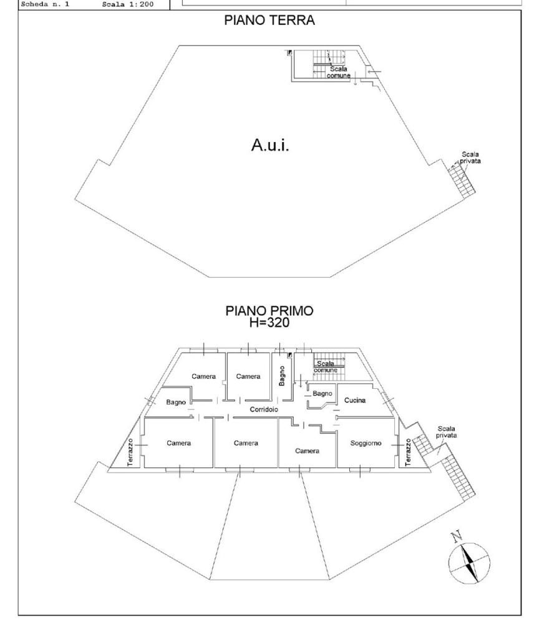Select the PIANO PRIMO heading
(x=269, y=312)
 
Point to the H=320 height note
(x=269, y=323)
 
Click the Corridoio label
(x=263, y=410)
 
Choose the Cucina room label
(x=355, y=400)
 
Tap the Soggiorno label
(x=365, y=444)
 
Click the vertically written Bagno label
(x=282, y=376)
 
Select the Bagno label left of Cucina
(x=322, y=394)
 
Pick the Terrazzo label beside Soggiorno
(x=409, y=452)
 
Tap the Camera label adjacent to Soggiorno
(x=307, y=450)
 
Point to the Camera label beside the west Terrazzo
(x=178, y=444)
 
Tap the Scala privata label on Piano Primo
(x=447, y=432)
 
